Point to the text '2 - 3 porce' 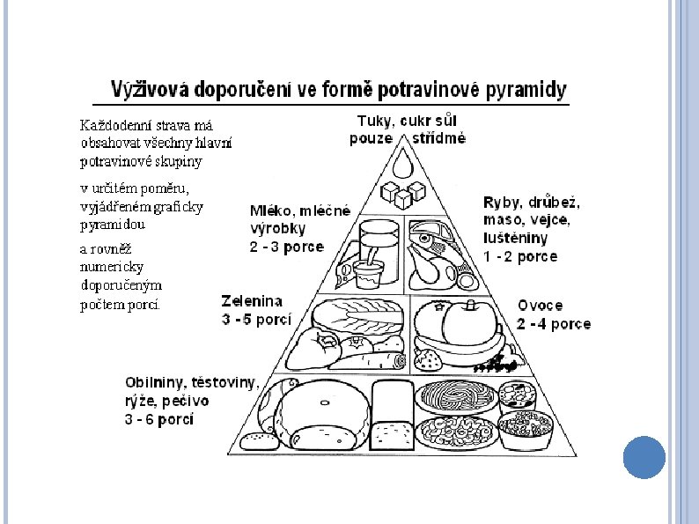tap(286, 247)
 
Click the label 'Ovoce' tap(541, 306)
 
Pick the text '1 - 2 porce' tap(520, 257)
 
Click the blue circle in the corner tap(644, 458)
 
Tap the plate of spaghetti tap(455, 396)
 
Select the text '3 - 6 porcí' tap(159, 419)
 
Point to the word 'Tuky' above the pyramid tap(373, 121)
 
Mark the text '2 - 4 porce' tap(554, 323)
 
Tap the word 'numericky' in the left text tap(112, 266)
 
